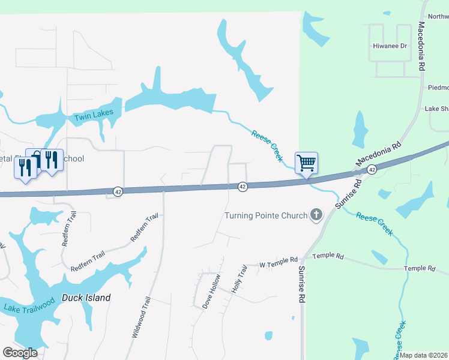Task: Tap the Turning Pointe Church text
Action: [265, 215]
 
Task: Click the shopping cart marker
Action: [306, 163]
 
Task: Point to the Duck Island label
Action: [86, 298]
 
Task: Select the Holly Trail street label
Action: [239, 279]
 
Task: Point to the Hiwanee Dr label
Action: [390, 46]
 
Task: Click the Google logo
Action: [20, 353]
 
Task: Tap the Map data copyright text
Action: [423, 355]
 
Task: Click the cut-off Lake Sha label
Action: [436, 109]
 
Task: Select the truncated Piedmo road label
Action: [438, 87]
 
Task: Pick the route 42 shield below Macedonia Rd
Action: [372, 170]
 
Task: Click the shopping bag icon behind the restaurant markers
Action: [36, 157]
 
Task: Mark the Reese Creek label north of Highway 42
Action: [267, 146]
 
